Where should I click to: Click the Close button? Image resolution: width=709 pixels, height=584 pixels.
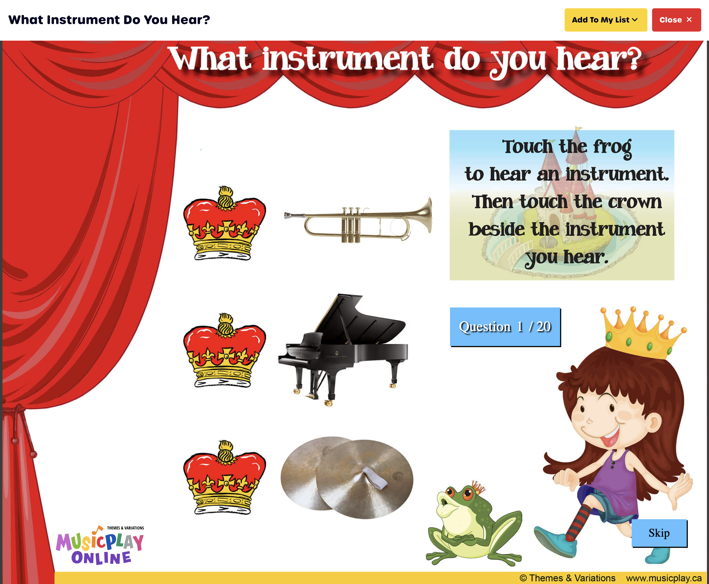tap(676, 20)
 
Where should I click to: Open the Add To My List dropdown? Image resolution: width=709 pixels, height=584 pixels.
tap(605, 20)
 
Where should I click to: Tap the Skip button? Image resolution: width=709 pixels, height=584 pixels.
tap(659, 533)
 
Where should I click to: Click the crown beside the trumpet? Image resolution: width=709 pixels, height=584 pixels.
tap(225, 223)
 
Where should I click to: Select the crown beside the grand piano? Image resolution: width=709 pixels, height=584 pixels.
tap(225, 350)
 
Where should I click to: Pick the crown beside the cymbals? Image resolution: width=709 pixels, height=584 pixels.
tap(225, 477)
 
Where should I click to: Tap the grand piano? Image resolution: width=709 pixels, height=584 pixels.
tap(343, 350)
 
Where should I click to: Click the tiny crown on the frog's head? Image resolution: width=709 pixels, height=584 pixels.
tap(478, 487)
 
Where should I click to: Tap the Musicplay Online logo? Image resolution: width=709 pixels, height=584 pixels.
tap(100, 545)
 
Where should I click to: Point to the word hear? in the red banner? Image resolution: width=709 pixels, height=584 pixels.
tap(599, 59)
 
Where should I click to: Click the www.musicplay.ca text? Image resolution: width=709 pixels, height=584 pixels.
tap(664, 578)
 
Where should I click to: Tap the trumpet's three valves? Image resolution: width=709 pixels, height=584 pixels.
tap(351, 225)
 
